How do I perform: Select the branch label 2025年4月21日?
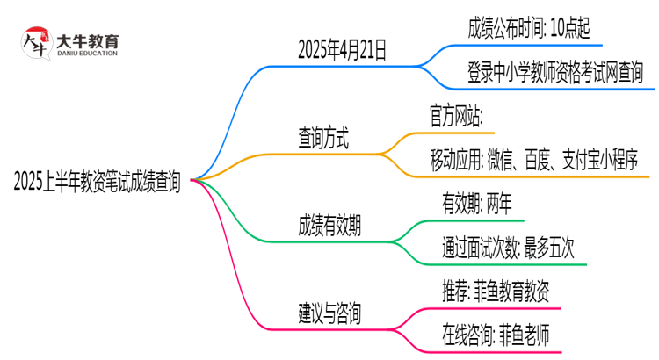(342, 51)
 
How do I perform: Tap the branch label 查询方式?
(322, 138)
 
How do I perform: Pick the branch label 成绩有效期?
(329, 226)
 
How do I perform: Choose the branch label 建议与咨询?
(329, 313)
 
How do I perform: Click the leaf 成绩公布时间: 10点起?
(534, 28)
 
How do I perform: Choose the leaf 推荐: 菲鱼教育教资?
(496, 290)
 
